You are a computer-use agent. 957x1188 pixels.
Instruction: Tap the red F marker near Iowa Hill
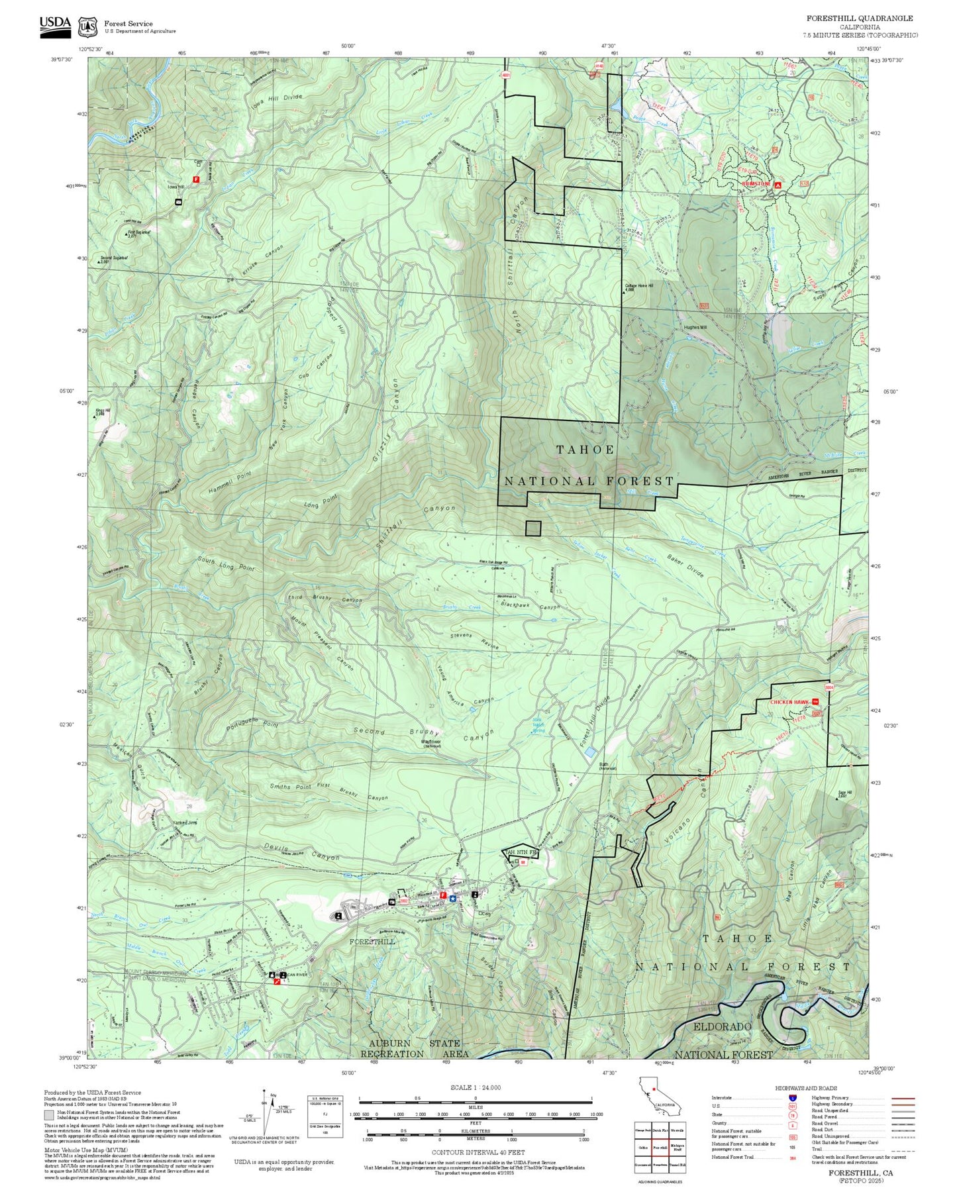coord(196,179)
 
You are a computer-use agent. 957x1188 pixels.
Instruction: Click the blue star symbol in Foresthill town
coord(452,898)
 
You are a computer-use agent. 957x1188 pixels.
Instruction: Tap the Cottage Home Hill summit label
coord(638,287)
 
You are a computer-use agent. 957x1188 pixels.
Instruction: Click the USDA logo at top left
coord(55,24)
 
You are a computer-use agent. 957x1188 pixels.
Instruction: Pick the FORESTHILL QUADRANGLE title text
coord(859,19)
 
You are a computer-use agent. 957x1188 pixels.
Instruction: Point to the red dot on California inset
coord(653,1088)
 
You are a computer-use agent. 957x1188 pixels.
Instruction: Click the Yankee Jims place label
coord(185,822)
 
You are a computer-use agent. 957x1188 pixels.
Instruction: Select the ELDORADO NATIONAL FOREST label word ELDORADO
coord(722,1027)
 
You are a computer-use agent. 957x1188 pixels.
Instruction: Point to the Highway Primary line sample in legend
coord(903,1098)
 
